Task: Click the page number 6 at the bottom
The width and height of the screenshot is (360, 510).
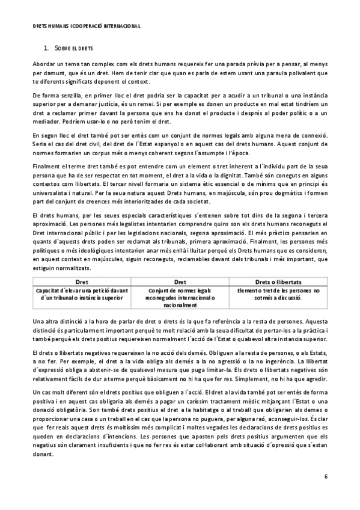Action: coord(325,477)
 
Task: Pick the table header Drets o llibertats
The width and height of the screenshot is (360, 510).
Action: coord(278,281)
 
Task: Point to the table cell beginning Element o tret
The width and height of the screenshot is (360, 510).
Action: coord(278,293)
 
